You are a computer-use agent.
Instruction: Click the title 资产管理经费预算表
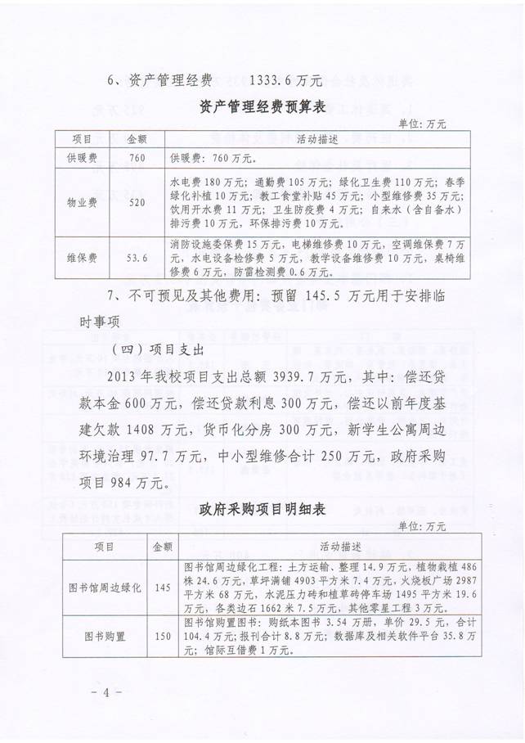[x=262, y=104]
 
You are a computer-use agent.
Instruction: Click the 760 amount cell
[x=137, y=155]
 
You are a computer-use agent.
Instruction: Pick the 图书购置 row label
[x=104, y=636]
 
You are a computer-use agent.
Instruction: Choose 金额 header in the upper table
[x=137, y=138]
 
